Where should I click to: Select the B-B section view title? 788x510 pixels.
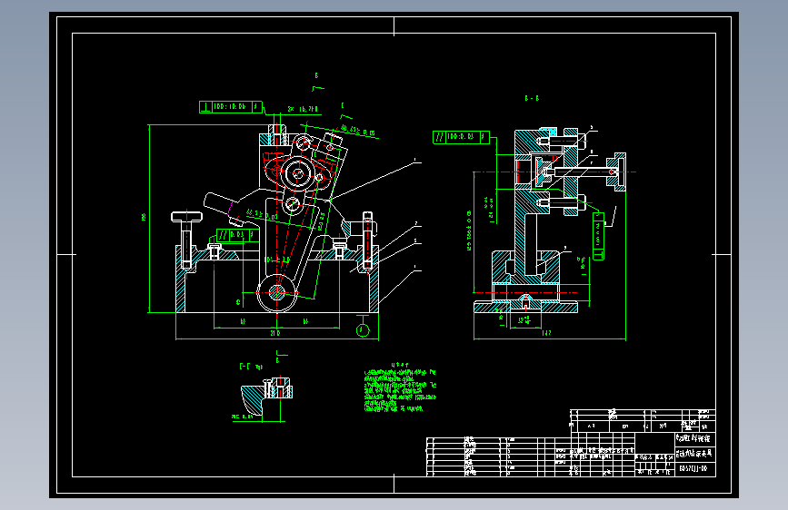[x=533, y=97]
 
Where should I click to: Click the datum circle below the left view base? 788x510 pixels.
[x=362, y=329]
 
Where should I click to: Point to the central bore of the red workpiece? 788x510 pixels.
[x=296, y=172]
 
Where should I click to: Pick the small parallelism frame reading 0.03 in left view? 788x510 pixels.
[x=234, y=234]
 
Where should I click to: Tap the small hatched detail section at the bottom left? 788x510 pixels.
[x=265, y=396]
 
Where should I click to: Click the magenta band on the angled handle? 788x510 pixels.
[x=234, y=215]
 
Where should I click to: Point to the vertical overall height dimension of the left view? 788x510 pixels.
[x=147, y=218]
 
